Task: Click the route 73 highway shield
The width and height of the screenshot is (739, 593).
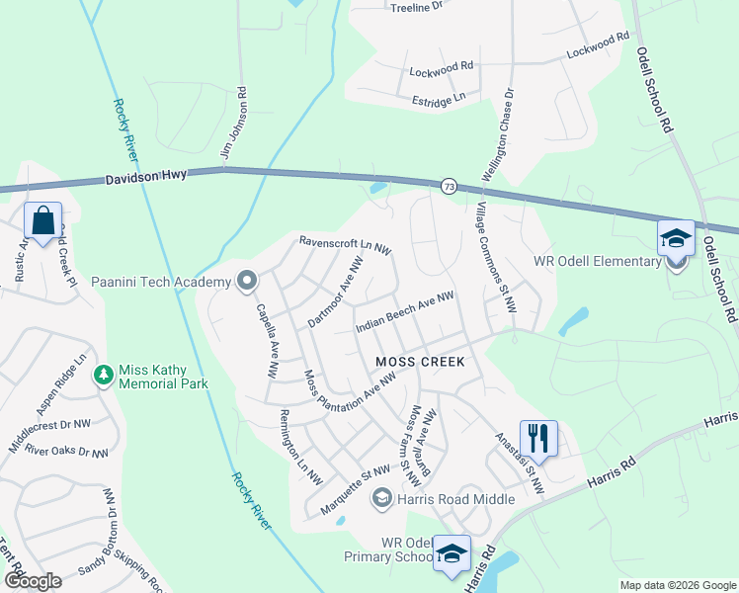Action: coord(449,187)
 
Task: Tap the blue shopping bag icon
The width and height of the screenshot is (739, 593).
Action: coord(43,220)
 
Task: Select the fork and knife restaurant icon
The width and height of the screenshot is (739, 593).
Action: coord(538,437)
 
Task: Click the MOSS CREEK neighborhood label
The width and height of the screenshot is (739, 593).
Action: coord(420,362)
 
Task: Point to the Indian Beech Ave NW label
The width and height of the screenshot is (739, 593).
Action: coord(404,312)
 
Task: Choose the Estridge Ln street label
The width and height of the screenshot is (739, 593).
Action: coord(439,99)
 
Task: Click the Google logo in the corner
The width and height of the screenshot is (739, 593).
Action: coord(33,580)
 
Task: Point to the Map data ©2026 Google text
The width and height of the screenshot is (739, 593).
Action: coord(677,585)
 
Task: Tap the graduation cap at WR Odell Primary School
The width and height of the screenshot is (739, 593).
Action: coord(452,554)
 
